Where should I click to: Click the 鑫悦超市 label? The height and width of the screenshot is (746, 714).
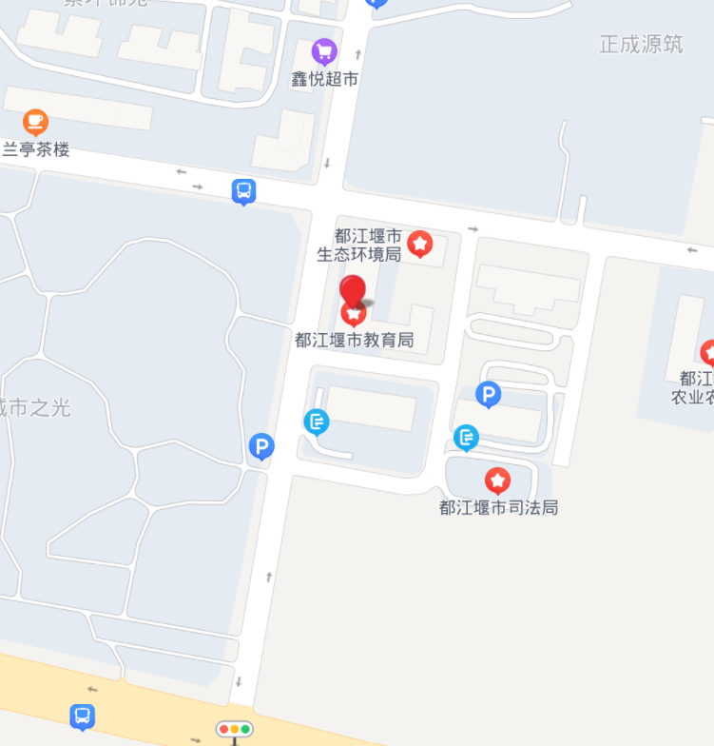324,80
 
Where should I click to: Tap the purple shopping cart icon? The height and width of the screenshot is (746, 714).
324,50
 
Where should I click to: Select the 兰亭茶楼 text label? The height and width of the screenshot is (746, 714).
36,149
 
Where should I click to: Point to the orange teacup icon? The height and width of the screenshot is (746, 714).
36,121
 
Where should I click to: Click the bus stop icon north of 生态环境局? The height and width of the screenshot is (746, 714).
244,191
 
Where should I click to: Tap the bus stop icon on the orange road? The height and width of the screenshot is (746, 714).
83,716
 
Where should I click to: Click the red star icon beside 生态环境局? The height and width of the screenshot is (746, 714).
419,245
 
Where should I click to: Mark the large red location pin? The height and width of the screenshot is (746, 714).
354,291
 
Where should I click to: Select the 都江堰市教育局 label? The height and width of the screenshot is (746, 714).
354,340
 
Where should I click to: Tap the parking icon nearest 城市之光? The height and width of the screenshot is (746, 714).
261,445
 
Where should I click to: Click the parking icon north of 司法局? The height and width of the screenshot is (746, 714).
488,394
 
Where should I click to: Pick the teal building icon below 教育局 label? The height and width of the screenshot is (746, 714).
317,421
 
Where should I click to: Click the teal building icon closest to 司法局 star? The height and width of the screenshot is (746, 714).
466,438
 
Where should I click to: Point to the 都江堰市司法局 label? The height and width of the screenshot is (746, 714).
498,507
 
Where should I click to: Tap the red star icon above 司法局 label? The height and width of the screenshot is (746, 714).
497,481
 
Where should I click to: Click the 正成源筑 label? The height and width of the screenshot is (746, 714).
641,45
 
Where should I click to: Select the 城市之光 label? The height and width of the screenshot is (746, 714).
35,408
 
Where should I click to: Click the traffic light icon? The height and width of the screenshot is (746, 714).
234,730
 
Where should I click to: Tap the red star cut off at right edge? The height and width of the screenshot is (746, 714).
707,352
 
